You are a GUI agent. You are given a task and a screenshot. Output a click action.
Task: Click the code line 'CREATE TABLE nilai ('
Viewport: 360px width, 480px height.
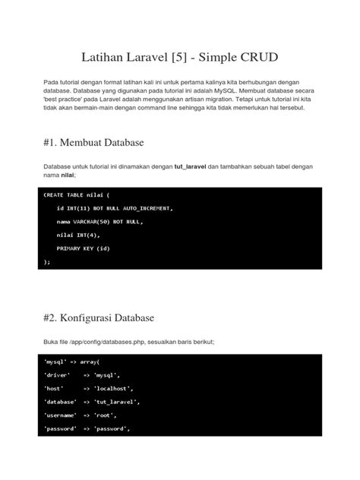click(76, 195)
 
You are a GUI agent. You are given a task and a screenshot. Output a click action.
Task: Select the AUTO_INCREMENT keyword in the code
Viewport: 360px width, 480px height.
click(149, 208)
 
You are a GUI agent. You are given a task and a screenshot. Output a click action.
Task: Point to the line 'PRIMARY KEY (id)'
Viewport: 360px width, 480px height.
click(84, 248)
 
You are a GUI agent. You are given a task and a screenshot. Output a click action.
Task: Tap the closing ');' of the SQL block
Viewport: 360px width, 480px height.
click(46, 261)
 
